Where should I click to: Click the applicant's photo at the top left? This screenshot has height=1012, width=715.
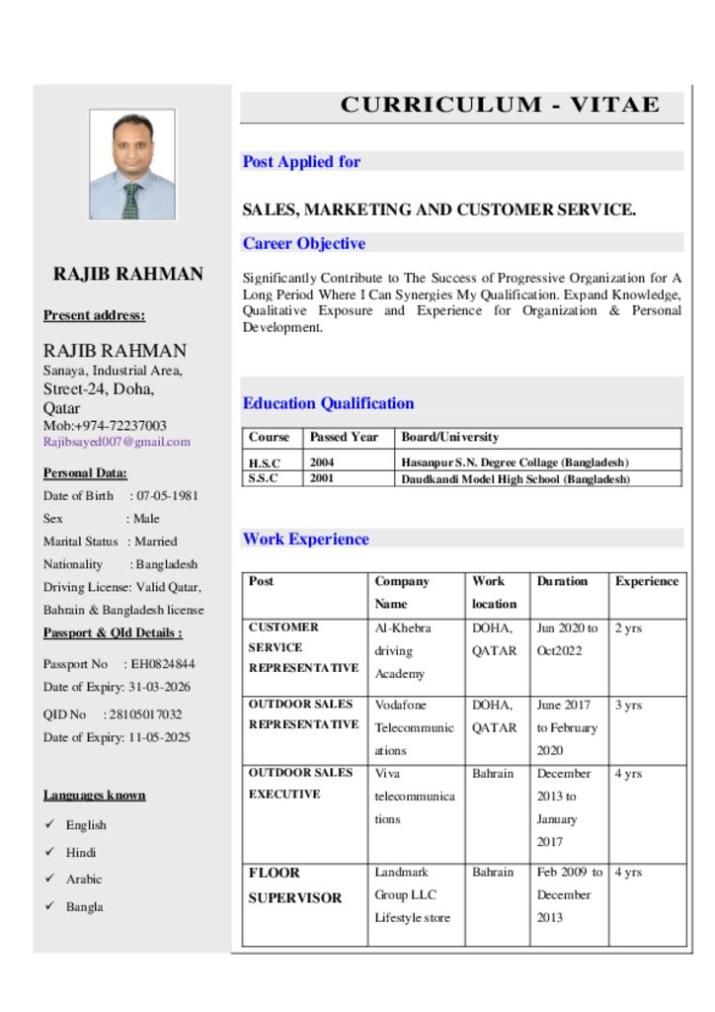(x=132, y=164)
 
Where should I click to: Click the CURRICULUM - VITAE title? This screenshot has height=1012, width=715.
(x=500, y=106)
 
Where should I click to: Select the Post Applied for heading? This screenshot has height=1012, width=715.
(x=302, y=162)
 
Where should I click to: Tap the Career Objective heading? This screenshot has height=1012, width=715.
(x=304, y=244)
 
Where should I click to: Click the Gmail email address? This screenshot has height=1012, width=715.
(x=117, y=443)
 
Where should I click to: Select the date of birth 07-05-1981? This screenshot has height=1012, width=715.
(x=167, y=496)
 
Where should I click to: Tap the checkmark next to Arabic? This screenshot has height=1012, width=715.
(x=49, y=879)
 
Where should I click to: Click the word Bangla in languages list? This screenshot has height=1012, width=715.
(x=85, y=906)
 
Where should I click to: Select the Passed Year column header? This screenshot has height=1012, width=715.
(x=344, y=437)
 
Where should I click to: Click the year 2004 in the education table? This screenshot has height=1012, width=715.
(x=322, y=463)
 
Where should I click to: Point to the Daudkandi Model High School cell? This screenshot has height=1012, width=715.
(x=515, y=479)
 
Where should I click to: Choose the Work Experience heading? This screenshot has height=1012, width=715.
(x=306, y=540)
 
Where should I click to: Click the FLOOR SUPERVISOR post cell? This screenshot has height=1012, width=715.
(x=295, y=885)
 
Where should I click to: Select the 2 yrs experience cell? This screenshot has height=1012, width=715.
(x=628, y=629)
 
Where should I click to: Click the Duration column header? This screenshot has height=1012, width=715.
(x=562, y=582)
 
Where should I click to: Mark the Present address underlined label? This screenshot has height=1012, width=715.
(x=94, y=316)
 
